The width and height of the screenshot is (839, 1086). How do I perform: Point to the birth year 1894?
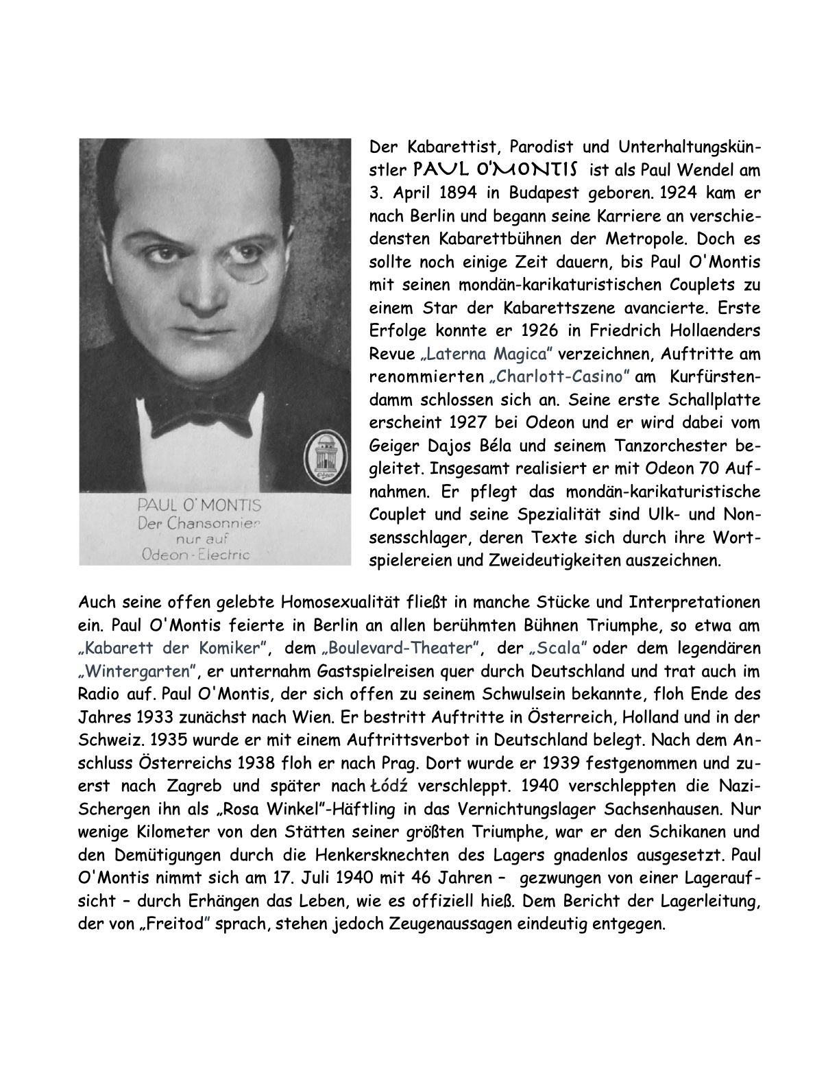[457, 193]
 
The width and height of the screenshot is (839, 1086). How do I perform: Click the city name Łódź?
[390, 786]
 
